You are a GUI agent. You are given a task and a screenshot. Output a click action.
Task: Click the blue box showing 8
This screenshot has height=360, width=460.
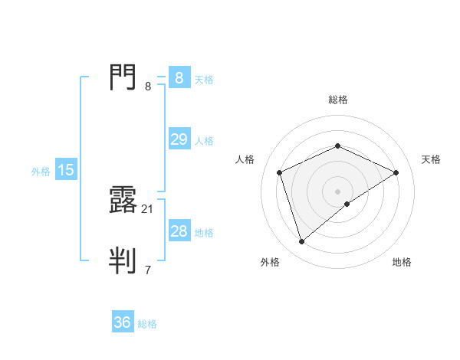(x=179, y=78)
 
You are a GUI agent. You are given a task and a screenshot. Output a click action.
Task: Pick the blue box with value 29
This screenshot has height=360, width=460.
(x=179, y=139)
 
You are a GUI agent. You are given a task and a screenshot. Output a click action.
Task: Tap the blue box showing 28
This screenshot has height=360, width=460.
(x=179, y=231)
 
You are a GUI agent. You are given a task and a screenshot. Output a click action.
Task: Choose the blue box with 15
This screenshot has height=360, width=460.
(x=66, y=170)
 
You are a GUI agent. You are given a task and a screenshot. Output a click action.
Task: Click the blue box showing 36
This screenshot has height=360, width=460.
(x=122, y=322)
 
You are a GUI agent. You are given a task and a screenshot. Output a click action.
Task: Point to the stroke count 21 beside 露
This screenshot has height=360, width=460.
(x=148, y=208)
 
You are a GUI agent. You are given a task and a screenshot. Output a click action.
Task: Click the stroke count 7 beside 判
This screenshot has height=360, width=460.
(x=148, y=270)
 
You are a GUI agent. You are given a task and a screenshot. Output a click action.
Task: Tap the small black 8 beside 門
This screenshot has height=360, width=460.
(x=148, y=86)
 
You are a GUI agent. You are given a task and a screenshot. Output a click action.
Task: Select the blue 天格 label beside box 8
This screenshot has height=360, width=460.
(x=204, y=79)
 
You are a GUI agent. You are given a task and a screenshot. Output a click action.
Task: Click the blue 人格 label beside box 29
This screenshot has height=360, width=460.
(x=204, y=141)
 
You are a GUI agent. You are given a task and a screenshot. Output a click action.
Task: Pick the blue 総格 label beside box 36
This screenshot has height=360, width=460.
(x=147, y=324)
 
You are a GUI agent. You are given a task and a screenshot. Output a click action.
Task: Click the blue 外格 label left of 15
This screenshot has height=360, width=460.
(x=41, y=172)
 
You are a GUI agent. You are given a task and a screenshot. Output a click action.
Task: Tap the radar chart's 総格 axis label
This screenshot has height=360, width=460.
(x=337, y=100)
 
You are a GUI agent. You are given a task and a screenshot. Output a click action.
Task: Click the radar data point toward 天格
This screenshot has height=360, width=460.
(x=396, y=172)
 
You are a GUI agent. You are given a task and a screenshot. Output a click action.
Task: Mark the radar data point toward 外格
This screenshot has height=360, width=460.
(x=301, y=242)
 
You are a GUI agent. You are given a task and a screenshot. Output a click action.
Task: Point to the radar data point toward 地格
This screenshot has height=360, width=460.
(x=347, y=204)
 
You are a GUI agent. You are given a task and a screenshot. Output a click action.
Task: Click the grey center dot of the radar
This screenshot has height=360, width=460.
(x=337, y=191)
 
